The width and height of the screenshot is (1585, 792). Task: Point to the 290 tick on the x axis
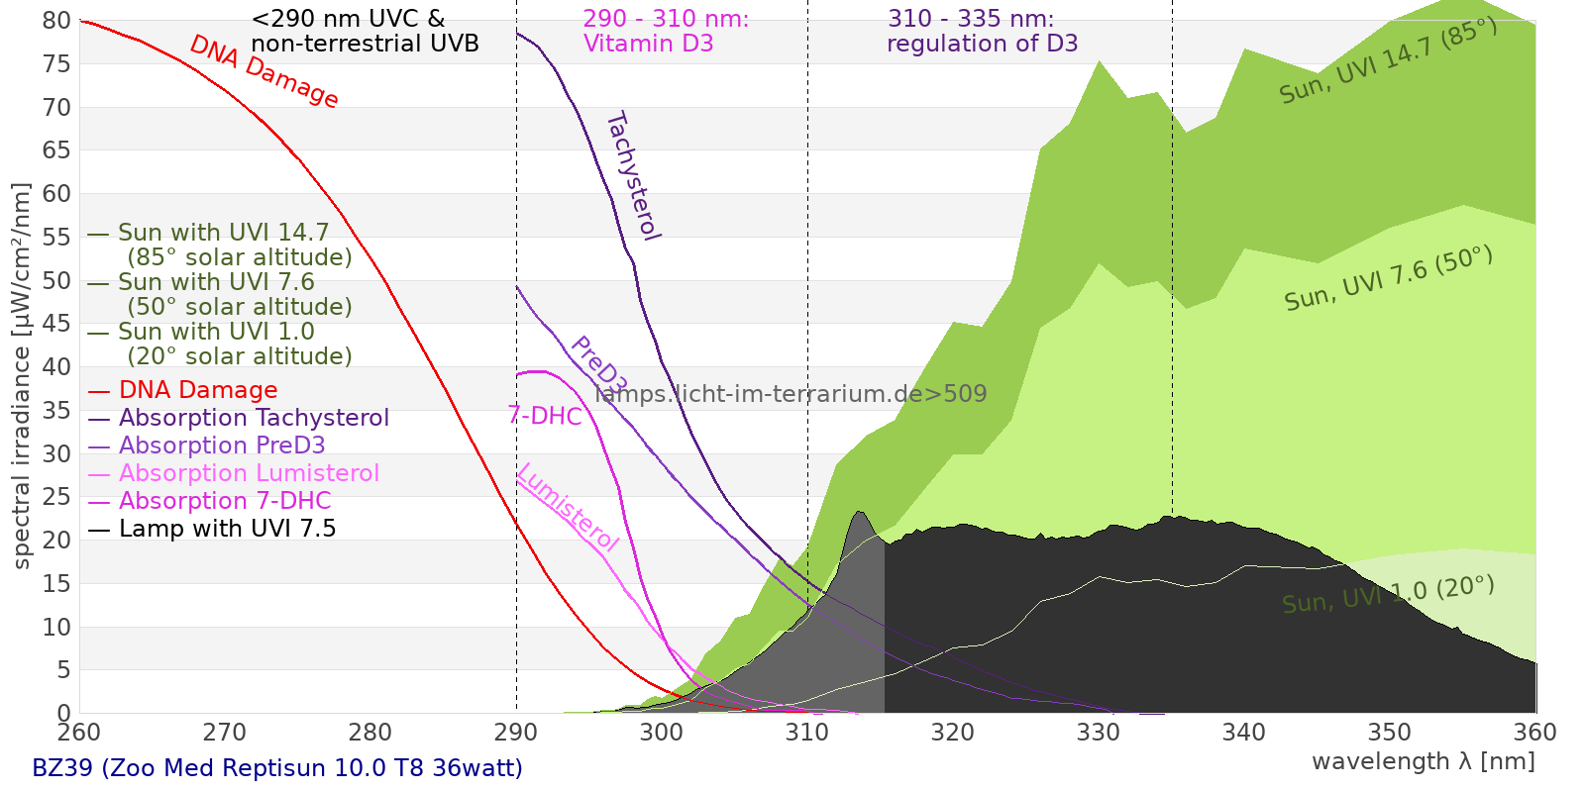[516, 733]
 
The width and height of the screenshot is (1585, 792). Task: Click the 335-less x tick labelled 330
[1099, 733]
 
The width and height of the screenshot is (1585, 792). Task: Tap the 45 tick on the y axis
[57, 324]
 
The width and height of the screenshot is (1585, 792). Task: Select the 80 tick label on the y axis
[57, 21]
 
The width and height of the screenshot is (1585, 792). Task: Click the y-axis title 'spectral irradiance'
[22, 376]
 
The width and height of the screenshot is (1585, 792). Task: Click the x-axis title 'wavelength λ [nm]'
[1423, 761]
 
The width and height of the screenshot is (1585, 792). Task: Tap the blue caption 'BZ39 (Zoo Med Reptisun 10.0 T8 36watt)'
[277, 768]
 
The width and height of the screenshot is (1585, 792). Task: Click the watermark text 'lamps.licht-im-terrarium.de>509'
[791, 394]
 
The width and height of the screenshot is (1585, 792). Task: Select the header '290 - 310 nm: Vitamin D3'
[666, 31]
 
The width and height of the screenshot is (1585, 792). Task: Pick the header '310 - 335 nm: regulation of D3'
[981, 31]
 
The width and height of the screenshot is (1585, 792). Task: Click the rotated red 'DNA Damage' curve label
[264, 71]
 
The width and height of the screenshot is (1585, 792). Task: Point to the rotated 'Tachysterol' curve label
[633, 176]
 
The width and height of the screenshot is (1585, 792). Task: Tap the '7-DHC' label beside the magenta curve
[545, 416]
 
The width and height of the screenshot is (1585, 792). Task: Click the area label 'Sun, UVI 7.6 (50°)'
[1388, 278]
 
